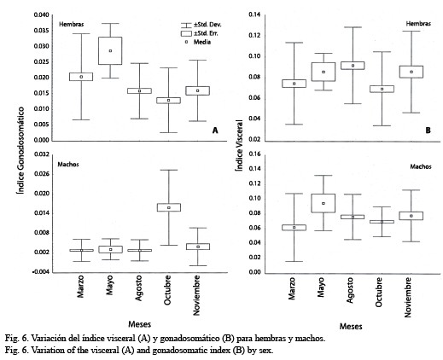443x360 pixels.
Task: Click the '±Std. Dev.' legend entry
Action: [x=201, y=25]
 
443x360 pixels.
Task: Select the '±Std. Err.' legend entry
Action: [x=200, y=33]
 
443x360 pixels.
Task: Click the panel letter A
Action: [x=215, y=131]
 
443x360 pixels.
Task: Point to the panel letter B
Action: [x=428, y=131]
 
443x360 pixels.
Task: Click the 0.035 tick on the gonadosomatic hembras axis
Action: [x=42, y=31]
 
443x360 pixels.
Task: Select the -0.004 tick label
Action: [x=41, y=272]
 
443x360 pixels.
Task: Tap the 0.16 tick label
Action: [x=254, y=154]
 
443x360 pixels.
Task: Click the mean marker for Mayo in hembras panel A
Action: [x=110, y=51]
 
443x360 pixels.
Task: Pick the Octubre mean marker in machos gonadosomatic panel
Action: [x=169, y=207]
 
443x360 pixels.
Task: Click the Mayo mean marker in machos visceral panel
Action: [x=324, y=203]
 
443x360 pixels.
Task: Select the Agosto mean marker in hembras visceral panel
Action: [x=353, y=66]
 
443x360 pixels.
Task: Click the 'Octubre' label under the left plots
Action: [x=167, y=290]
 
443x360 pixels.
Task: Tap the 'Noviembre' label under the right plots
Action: [x=408, y=298]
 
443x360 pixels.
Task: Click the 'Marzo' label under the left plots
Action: [x=80, y=287]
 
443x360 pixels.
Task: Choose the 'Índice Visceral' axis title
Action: [x=239, y=145]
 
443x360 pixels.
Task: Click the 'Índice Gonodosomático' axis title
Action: [x=20, y=150]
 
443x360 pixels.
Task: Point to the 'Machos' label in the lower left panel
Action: [x=68, y=165]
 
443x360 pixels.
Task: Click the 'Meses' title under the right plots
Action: [x=351, y=326]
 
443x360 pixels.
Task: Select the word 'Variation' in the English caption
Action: [x=45, y=351]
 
